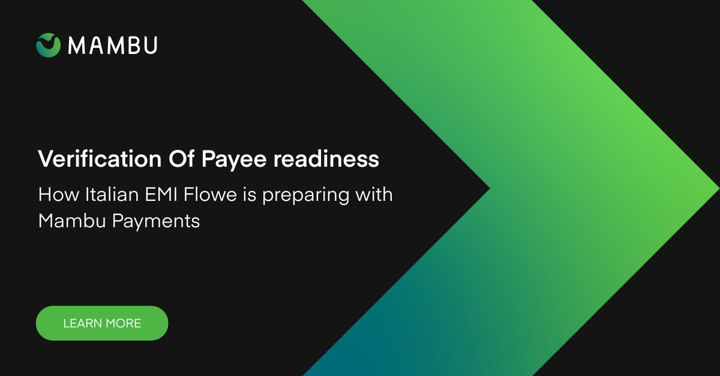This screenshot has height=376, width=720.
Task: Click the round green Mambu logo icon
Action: (x=48, y=45)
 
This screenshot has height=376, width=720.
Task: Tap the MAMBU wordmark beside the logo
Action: (x=113, y=45)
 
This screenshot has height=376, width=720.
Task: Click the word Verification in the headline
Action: (x=100, y=159)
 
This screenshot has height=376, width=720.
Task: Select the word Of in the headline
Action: (x=181, y=159)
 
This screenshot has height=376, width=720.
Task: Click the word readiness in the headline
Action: (x=326, y=159)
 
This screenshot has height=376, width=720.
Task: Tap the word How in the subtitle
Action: (x=59, y=194)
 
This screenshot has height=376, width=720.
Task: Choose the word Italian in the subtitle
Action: (x=112, y=194)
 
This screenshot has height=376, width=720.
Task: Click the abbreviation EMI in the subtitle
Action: (x=161, y=194)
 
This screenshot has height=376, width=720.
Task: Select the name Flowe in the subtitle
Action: (x=210, y=194)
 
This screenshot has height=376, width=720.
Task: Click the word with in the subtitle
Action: (x=374, y=194)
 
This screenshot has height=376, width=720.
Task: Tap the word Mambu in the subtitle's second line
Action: (x=72, y=221)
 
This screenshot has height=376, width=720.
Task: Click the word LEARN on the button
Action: (x=82, y=323)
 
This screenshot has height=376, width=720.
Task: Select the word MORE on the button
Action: (x=124, y=323)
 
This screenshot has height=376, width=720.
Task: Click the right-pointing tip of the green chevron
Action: (x=719, y=188)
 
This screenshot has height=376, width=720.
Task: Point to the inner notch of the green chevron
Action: (x=490, y=188)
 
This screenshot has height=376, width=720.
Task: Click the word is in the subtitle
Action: (x=250, y=194)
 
